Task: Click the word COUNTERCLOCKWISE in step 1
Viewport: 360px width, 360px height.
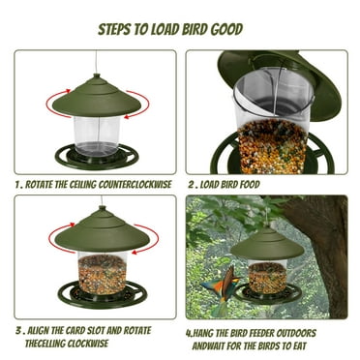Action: pyautogui.click(x=127, y=180)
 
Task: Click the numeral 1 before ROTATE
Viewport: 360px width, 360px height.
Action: pyautogui.click(x=17, y=180)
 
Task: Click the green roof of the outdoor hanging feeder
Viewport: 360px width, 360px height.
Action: pyautogui.click(x=266, y=244)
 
